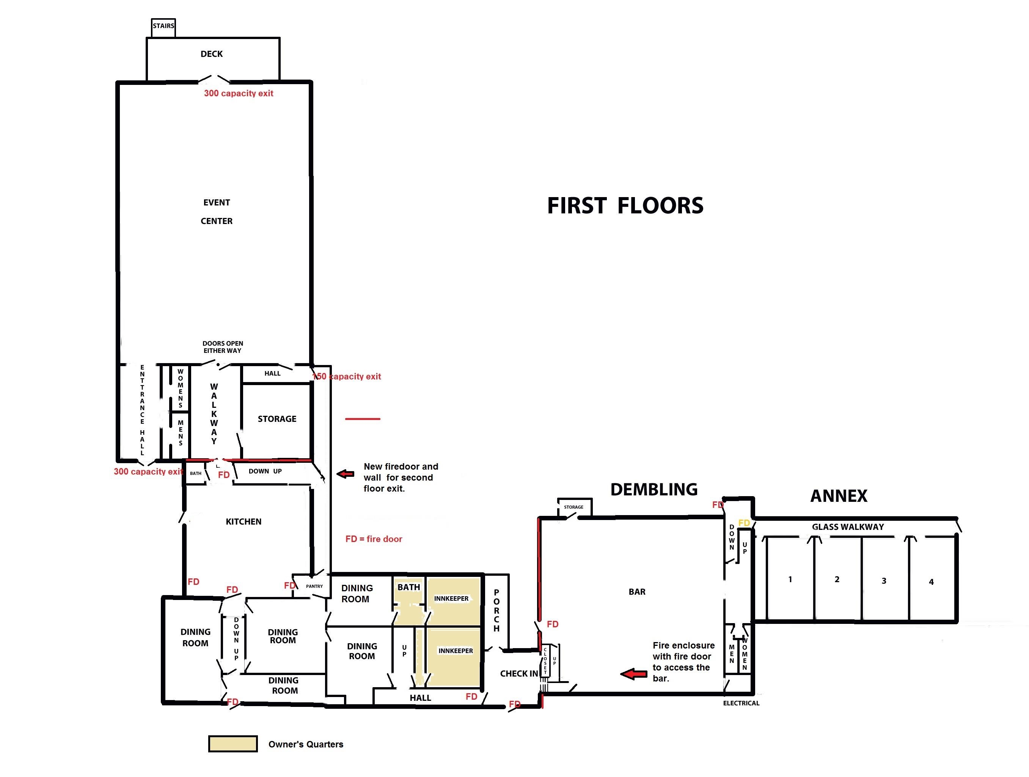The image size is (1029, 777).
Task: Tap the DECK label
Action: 212,54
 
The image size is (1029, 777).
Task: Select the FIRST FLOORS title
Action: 625,205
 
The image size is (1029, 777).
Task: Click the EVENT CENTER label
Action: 217,211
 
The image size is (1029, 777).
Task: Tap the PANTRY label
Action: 314,586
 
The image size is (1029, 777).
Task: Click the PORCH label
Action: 496,611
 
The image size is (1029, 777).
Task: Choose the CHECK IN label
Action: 519,673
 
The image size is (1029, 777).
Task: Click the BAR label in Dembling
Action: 637,592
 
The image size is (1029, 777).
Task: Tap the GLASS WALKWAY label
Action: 848,527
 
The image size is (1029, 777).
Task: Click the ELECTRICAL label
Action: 741,703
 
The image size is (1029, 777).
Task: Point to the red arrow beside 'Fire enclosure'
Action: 633,674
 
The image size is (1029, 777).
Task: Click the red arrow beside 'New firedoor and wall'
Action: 345,474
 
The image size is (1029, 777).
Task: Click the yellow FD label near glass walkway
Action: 744,523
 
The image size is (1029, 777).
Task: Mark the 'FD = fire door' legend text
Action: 374,539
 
